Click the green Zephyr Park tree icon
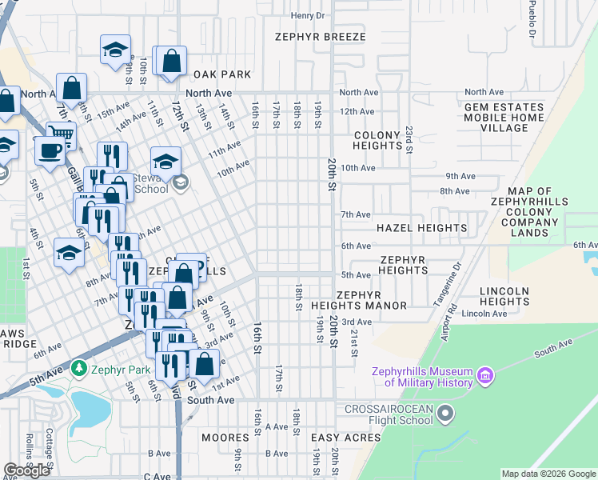pos(78,369)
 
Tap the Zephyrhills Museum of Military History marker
pos(484,375)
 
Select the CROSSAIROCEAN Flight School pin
pos(446,414)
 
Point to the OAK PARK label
pos(222,74)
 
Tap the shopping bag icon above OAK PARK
pos(170,61)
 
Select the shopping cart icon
pos(61,134)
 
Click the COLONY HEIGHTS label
pos(377,141)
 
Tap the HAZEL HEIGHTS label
pos(427,228)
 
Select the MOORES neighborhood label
pos(225,438)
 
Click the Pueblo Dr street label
pos(530,24)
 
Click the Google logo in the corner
pos(27,470)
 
